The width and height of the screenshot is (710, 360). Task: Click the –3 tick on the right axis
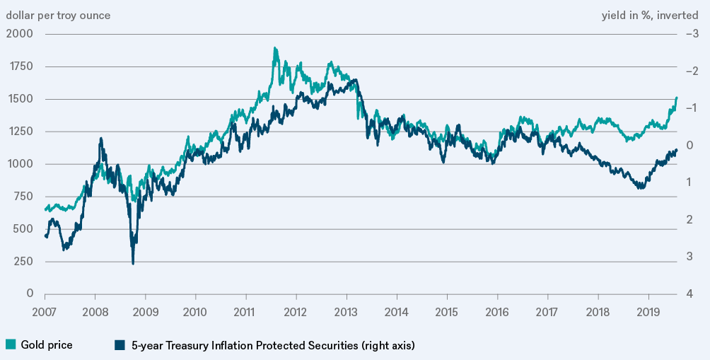coord(692,33)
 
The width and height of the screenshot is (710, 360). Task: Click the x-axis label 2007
coord(45,311)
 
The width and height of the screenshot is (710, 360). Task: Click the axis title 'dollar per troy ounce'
coord(58,15)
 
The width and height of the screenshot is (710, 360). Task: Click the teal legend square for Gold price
coord(11,345)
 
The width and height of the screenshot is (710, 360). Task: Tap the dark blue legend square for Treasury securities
coord(120,345)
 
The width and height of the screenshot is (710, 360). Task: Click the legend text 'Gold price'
coord(47,345)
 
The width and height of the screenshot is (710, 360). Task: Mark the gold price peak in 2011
coord(274,48)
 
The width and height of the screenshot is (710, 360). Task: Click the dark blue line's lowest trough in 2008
coord(133,264)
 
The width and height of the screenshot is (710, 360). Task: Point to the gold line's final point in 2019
coord(677,98)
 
